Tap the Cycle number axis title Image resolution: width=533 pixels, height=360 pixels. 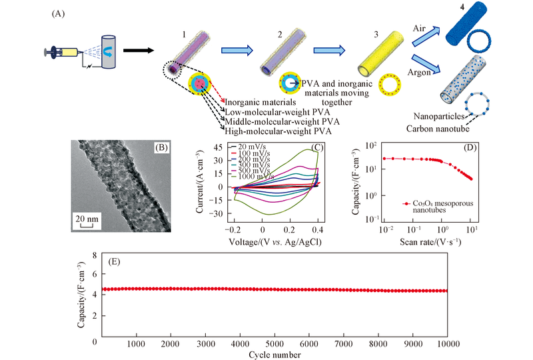[x=274, y=353]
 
